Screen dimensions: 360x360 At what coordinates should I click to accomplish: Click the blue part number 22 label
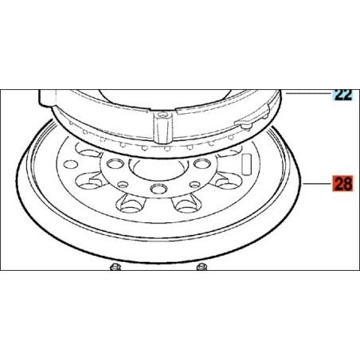(x=343, y=95)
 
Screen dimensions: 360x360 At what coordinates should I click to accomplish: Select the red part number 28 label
(x=342, y=183)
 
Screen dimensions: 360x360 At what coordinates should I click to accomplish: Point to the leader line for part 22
(x=308, y=93)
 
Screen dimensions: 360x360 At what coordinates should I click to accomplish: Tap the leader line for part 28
(x=317, y=183)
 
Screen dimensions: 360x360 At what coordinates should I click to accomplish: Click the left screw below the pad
(x=115, y=267)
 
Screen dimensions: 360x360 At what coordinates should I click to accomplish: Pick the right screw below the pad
(x=202, y=267)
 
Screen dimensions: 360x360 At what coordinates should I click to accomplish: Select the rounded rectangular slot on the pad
(x=246, y=164)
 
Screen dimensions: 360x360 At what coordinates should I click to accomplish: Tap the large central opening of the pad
(x=158, y=170)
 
